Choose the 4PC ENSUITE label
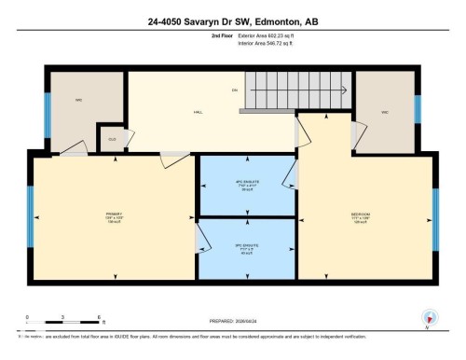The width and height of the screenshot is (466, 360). (247, 184)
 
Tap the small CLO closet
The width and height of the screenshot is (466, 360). (112, 139)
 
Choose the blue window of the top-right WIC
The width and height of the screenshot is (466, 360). (418, 108)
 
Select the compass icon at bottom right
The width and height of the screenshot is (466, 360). (427, 317)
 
